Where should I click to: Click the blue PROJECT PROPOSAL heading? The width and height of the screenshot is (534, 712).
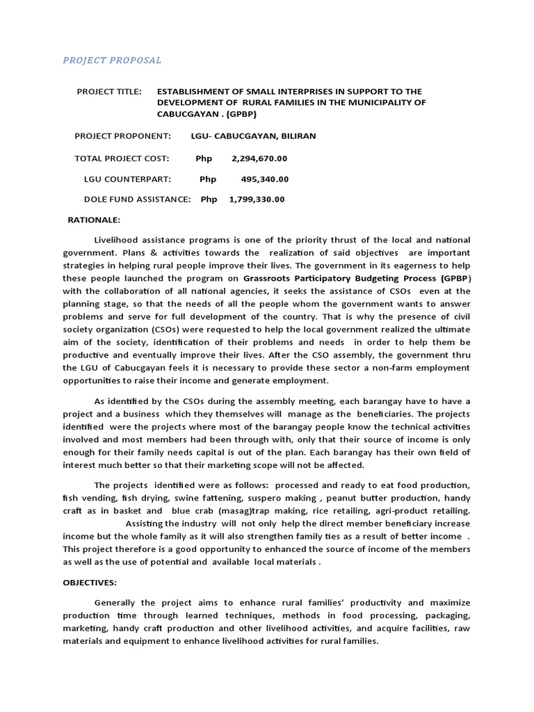[x=112, y=60]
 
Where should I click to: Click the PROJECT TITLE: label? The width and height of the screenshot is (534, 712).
[x=109, y=91]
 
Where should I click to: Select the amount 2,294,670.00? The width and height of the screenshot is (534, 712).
[x=257, y=159]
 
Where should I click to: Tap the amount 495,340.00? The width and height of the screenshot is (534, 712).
[x=265, y=179]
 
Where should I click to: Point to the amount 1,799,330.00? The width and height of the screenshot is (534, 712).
[x=257, y=200]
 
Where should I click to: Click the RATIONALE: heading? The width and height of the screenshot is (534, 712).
[x=94, y=220]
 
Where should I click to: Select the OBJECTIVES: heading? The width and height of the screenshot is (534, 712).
[x=90, y=583]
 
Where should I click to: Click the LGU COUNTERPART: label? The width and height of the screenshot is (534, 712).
[x=127, y=179]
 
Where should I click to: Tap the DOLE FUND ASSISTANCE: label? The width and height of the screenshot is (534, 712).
[x=137, y=200]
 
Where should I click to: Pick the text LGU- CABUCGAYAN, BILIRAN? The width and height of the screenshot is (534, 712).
[x=253, y=136]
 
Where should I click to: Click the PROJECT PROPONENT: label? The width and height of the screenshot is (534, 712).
[x=122, y=136]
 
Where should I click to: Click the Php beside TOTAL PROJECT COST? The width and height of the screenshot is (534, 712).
[x=204, y=159]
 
